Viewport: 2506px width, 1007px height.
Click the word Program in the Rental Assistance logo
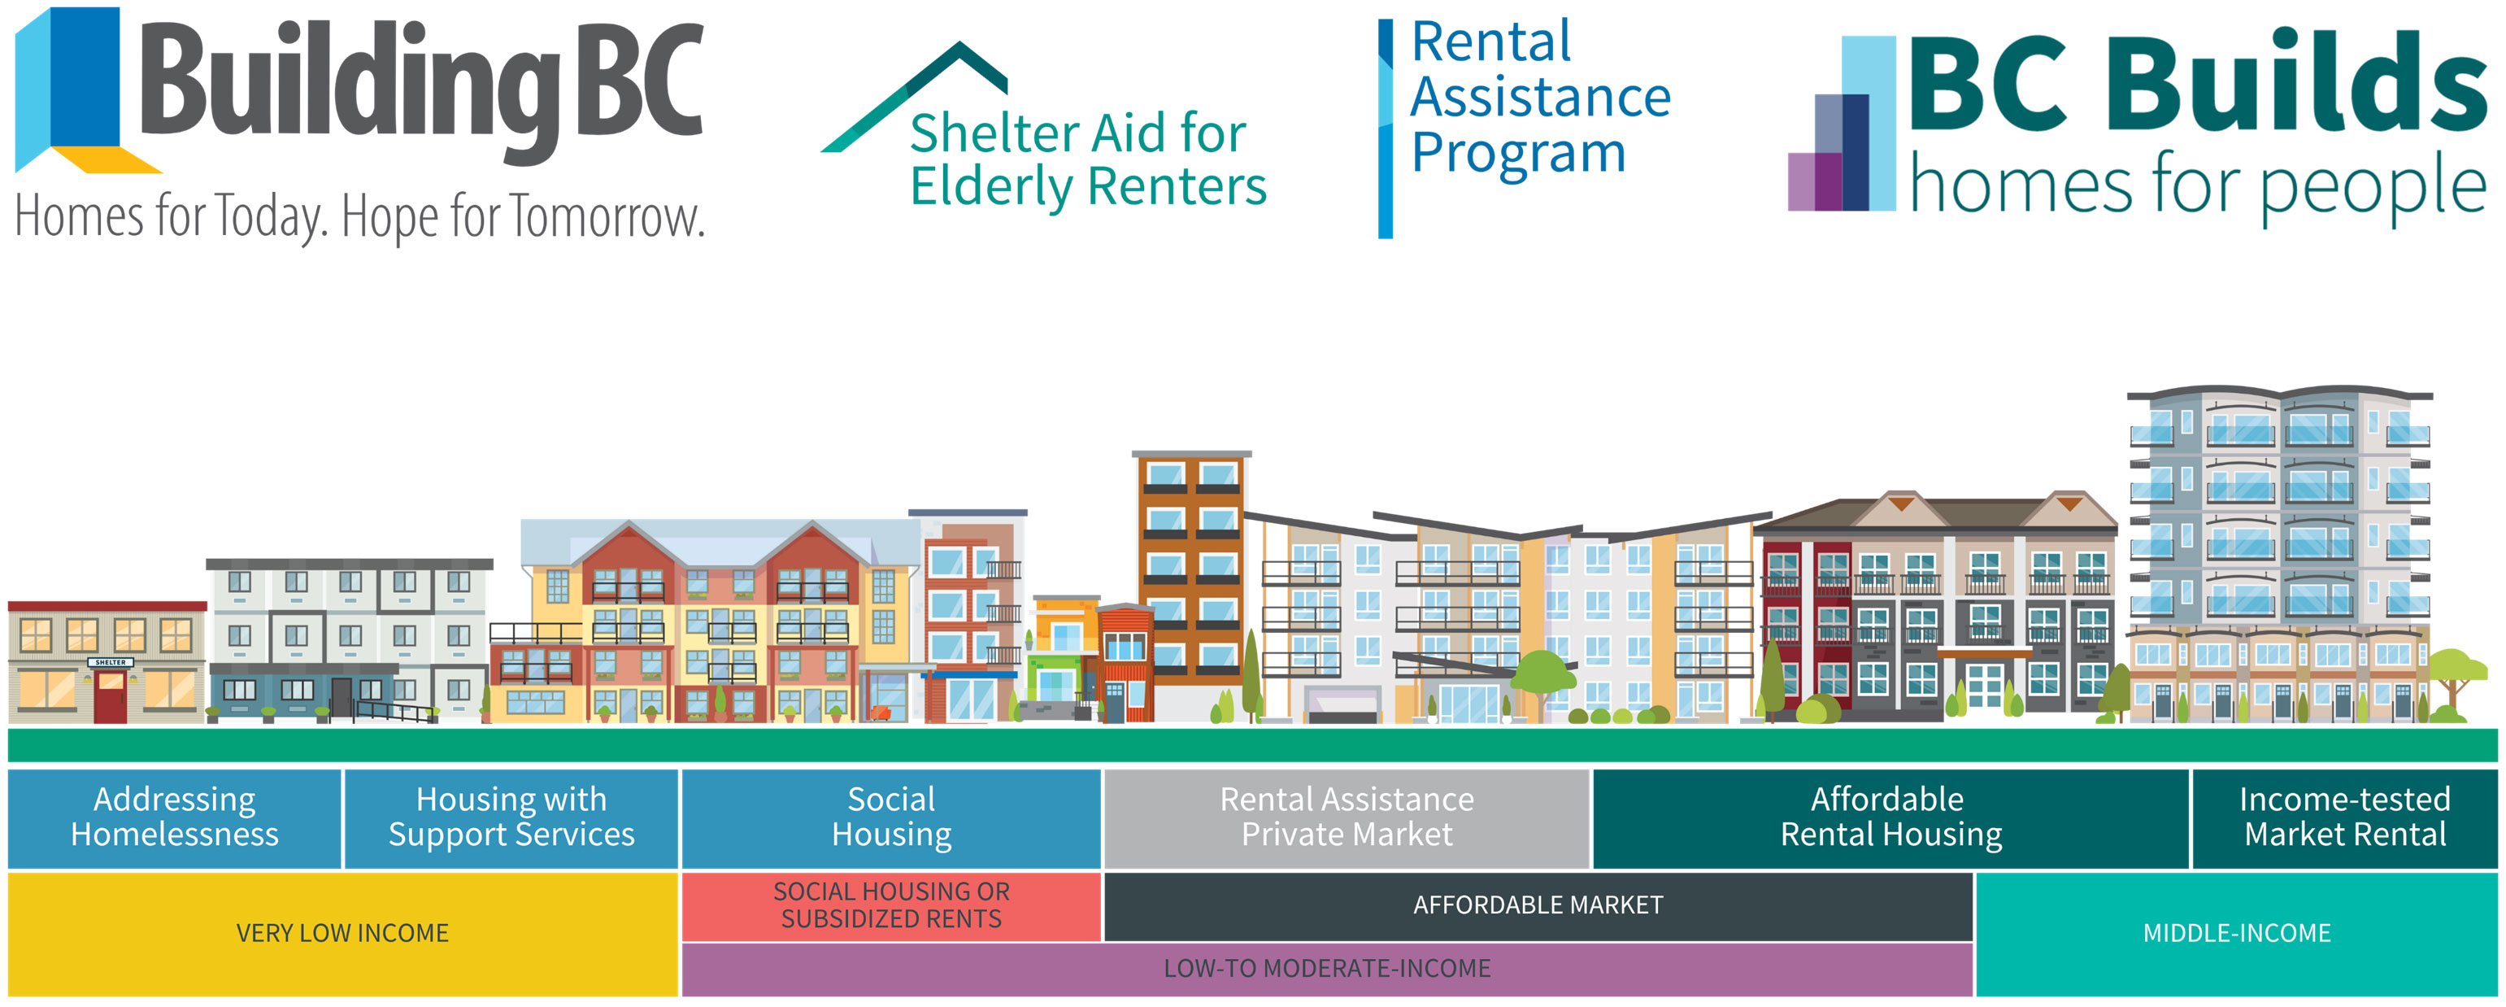[1517, 154]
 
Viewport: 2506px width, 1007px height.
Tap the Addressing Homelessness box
[175, 817]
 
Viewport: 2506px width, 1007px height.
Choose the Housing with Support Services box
[511, 817]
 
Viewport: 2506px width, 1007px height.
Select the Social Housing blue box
[891, 817]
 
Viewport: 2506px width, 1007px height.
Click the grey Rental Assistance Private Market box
[1347, 817]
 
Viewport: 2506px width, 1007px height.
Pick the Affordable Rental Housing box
[1890, 817]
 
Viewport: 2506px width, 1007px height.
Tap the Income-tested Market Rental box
[2344, 817]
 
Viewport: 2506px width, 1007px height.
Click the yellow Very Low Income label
[342, 934]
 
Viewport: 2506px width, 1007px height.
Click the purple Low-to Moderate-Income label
[1327, 969]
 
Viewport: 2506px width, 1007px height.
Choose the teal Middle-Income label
[2237, 934]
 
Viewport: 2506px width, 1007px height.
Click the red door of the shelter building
[110, 696]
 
